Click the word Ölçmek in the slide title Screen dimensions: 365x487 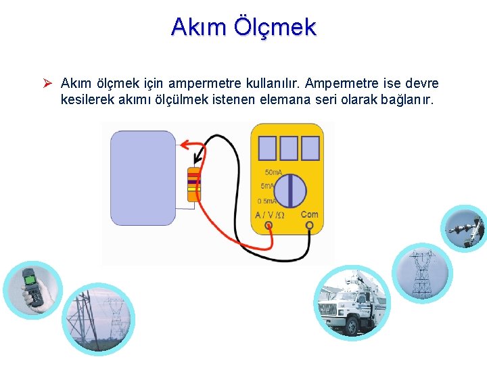tap(275, 27)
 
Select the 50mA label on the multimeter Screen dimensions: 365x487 tap(273, 172)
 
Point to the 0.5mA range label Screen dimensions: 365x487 tap(267, 201)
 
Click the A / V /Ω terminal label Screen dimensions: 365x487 tap(269, 215)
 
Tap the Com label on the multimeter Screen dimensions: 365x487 tap(309, 214)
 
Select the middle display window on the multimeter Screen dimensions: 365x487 tap(289, 148)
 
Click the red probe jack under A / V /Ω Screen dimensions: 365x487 tap(269, 227)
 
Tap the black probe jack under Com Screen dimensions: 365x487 tap(309, 227)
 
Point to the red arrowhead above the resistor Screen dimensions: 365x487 tap(184, 143)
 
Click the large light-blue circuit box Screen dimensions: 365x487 tap(143, 178)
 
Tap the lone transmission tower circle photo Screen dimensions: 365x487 tap(421, 272)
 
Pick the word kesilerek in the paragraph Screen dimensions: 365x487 tap(85, 100)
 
